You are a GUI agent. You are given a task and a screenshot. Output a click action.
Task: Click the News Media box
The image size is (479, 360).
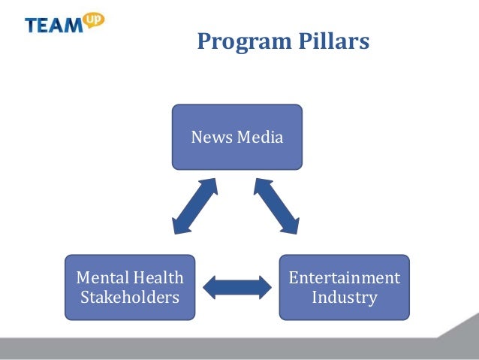(x=236, y=137)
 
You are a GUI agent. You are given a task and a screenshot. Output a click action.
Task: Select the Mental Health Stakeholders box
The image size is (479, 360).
(x=130, y=286)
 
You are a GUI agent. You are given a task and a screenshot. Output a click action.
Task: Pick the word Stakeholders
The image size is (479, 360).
(x=130, y=297)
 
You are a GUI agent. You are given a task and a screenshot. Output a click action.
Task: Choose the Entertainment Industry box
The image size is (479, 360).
(x=345, y=286)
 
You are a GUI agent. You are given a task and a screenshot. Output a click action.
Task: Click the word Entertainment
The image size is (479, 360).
(x=345, y=277)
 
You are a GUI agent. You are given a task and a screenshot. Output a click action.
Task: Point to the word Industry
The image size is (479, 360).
(x=345, y=297)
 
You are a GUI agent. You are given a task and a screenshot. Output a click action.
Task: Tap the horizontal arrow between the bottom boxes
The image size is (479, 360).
(x=237, y=286)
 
